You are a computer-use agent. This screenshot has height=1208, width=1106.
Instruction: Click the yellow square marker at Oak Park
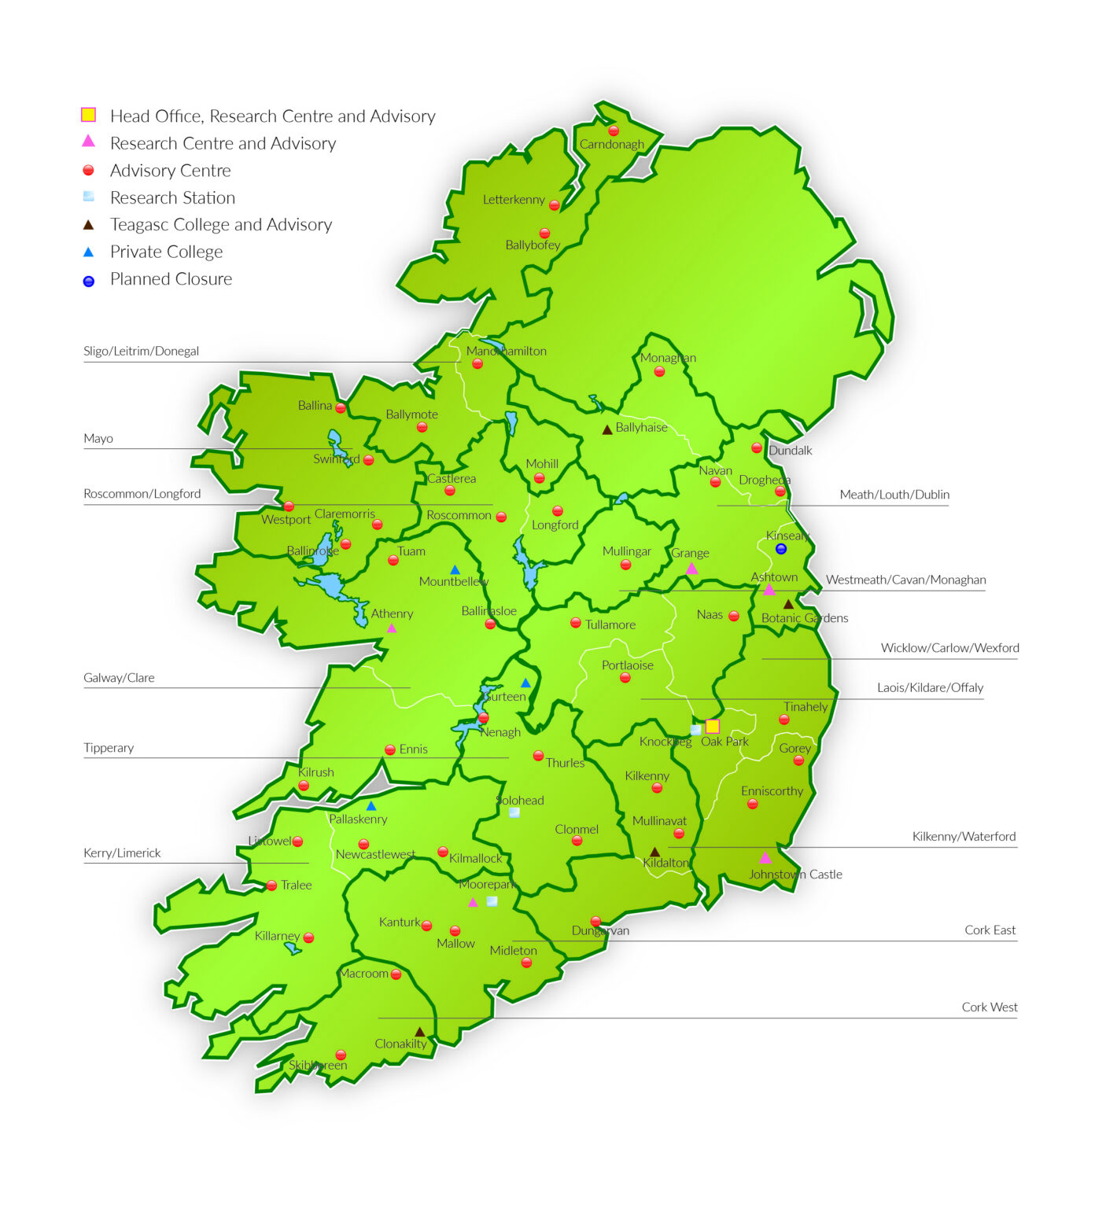[712, 726]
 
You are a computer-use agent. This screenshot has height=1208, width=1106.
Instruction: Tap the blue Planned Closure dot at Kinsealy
[780, 549]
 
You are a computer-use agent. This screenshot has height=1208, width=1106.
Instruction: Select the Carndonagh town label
[611, 145]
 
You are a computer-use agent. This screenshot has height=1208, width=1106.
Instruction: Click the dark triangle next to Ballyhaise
[606, 430]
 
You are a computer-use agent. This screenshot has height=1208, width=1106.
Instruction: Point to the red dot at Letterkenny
[554, 205]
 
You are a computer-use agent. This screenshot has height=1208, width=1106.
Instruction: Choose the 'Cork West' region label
[989, 1007]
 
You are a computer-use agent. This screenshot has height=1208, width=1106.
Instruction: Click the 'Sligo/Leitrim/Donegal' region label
[141, 351]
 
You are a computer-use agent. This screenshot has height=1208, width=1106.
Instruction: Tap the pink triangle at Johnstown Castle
[765, 858]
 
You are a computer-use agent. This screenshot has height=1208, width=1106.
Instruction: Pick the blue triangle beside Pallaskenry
[371, 806]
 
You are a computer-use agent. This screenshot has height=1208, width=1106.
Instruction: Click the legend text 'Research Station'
[172, 197]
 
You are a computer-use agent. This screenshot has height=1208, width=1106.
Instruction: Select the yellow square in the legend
[88, 115]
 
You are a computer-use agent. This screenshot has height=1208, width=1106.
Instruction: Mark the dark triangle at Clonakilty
[419, 1032]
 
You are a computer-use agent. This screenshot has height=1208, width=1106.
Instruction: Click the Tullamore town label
[610, 624]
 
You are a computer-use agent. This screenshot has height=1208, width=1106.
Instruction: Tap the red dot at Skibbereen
[341, 1055]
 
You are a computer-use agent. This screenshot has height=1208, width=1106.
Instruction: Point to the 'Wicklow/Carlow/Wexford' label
[949, 647]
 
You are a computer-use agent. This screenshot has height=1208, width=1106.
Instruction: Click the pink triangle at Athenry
[392, 628]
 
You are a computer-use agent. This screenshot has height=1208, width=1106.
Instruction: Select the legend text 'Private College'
[166, 252]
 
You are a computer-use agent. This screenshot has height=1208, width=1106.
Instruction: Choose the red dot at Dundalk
[756, 448]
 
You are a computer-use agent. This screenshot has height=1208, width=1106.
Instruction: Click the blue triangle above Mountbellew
[455, 569]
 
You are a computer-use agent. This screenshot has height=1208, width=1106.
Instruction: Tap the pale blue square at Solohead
[514, 812]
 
